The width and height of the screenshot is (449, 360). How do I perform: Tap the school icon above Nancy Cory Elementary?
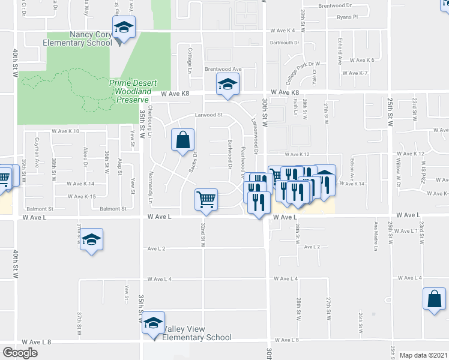click(124, 28)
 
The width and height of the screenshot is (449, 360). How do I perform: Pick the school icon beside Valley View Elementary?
click(154, 323)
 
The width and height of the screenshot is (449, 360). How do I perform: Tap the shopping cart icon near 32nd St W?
click(206, 199)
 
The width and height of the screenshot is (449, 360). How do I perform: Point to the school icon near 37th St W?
click(91, 239)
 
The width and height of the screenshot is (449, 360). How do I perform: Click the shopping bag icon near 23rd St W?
click(434, 299)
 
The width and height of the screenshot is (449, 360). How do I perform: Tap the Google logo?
click(20, 353)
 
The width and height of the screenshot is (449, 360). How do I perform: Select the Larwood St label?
click(208, 115)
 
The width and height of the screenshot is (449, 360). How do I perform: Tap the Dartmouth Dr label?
click(285, 43)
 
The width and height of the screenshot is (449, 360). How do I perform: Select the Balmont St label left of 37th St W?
click(39, 209)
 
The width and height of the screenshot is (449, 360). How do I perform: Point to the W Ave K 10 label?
click(65, 130)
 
